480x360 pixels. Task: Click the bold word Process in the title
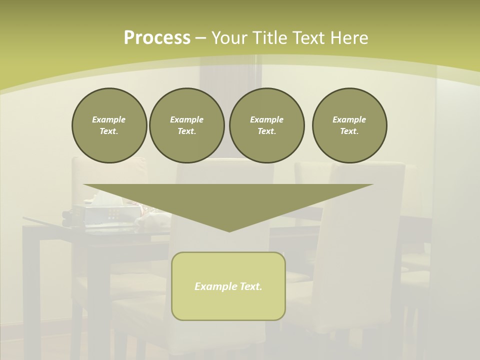[157, 38]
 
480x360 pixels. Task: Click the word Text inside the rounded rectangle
[251, 286]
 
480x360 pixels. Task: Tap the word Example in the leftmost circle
[109, 119]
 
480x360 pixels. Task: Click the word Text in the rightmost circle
[349, 131]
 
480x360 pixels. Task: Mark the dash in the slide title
[200, 38]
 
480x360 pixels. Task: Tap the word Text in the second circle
[186, 131]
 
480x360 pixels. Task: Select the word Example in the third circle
[266, 119]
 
